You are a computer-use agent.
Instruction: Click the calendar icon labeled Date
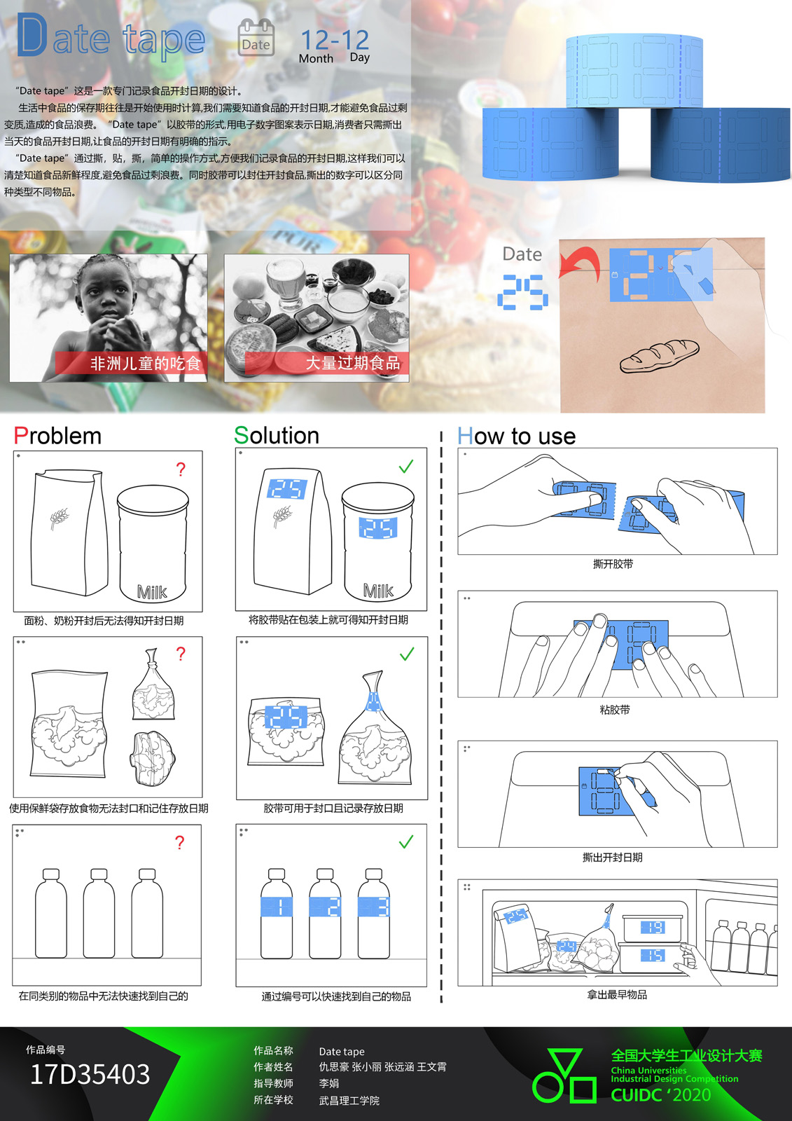coord(256,37)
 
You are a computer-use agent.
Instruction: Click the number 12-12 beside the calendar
coord(335,39)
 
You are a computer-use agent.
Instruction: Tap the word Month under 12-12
coord(316,59)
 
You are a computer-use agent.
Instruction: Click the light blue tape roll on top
coord(634,71)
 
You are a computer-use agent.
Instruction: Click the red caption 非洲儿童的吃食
coord(145,363)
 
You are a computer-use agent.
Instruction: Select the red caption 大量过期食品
coord(353,363)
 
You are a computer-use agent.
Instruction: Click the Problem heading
coord(57,435)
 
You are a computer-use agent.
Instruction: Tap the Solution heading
coord(277,435)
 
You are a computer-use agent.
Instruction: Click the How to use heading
coord(516,436)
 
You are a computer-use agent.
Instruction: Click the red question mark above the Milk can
coord(181,469)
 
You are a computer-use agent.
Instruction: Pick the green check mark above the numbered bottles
coord(406,841)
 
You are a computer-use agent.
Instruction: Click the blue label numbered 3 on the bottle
coord(373,907)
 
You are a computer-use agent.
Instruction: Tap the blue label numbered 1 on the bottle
coord(277,907)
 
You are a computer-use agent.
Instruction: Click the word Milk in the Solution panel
coord(378,591)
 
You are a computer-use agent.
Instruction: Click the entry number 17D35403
coord(90,1074)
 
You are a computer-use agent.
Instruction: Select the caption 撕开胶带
coord(613,564)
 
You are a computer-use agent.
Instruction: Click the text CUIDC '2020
coord(661,1095)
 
